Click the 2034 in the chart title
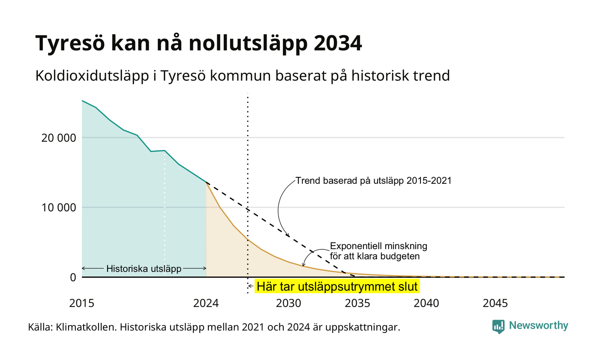click(338, 43)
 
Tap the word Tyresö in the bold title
click(70, 43)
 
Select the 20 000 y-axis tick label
click(59, 138)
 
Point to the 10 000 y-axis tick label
click(59, 207)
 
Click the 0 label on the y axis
click(73, 278)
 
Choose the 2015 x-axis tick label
click(82, 303)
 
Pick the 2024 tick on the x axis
click(206, 303)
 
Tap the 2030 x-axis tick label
click(289, 303)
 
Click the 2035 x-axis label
click(357, 303)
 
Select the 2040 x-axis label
click(426, 303)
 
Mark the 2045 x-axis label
click(495, 303)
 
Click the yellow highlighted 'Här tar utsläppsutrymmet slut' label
click(337, 287)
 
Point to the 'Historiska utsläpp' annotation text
click(144, 269)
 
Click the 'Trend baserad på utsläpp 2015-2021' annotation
click(373, 181)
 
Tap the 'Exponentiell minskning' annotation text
click(378, 246)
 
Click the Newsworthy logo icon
click(498, 327)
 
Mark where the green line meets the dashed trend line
click(206, 183)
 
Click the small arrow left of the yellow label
click(251, 286)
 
